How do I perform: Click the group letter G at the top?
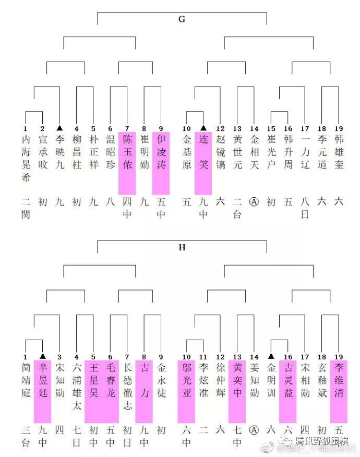[182, 19]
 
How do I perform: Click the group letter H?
[182, 248]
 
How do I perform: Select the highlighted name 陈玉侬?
[127, 151]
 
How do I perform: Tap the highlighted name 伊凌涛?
[161, 151]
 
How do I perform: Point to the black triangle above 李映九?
[59, 127]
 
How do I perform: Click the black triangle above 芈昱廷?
[43, 356]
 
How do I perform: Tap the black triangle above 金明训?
[271, 356]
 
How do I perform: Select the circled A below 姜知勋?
[254, 429]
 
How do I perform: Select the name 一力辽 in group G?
[305, 151]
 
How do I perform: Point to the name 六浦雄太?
[77, 386]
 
